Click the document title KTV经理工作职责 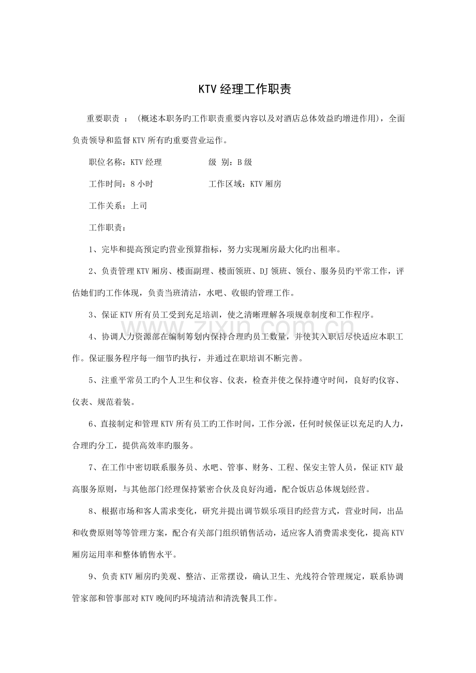click(x=238, y=89)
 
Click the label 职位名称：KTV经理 click(x=126, y=162)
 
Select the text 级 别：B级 click(x=230, y=162)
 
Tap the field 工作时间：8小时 click(x=121, y=184)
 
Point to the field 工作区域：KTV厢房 click(x=245, y=184)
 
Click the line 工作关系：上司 click(x=118, y=206)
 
